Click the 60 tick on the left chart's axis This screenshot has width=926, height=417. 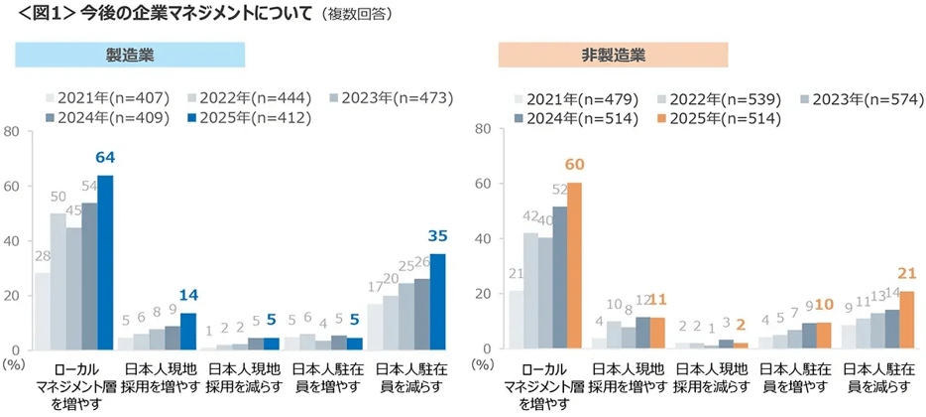coord(13,186)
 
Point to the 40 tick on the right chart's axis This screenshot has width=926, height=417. coord(483,239)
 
